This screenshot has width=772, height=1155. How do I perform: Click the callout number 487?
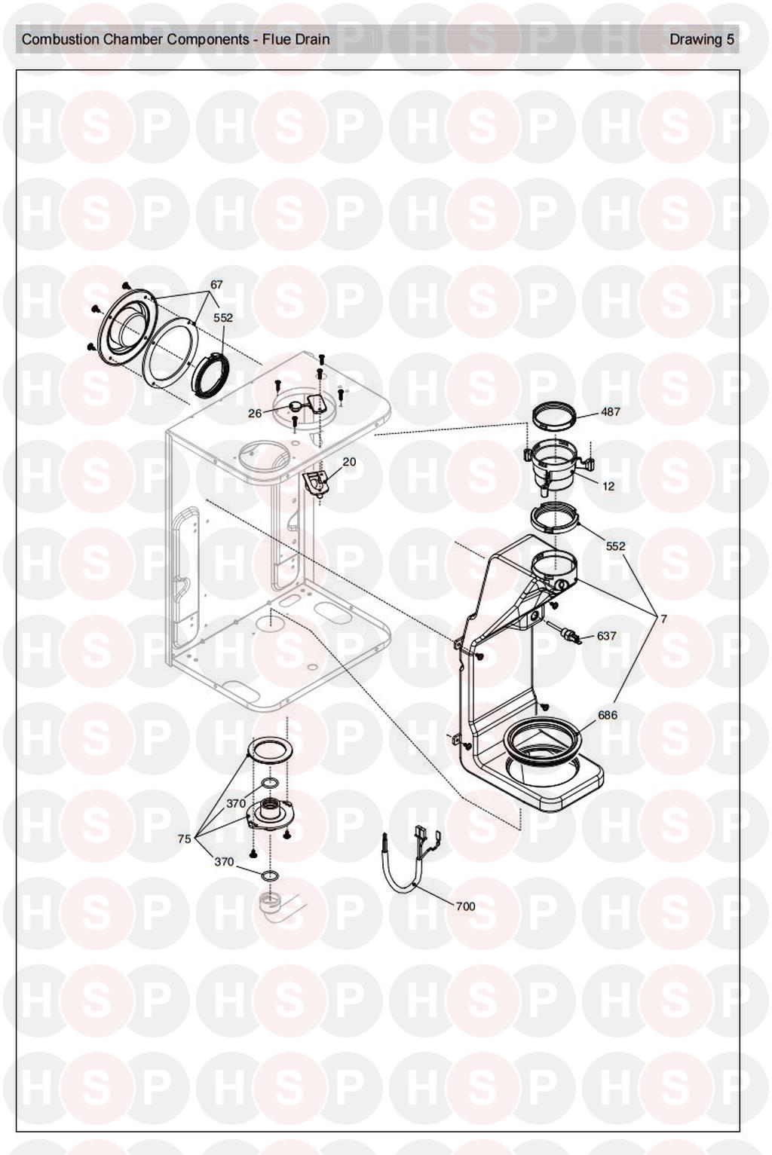coord(611,412)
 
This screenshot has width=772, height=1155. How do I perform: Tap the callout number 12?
coord(608,486)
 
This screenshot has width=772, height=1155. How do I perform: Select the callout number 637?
coord(606,636)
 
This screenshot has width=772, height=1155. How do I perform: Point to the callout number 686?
coord(608,715)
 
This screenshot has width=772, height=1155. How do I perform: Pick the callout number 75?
coord(184,839)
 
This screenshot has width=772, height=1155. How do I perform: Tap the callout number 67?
coord(216,285)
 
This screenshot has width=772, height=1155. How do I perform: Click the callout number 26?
coord(255,413)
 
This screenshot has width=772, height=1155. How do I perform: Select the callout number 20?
coord(349,462)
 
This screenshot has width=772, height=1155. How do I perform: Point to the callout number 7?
coord(663,619)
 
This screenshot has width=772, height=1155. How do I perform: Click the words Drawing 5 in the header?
coord(701,39)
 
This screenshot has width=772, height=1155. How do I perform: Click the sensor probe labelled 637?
coord(567,633)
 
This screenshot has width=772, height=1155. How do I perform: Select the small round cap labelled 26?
coord(296,406)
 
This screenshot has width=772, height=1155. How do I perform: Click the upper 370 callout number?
coord(236,803)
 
